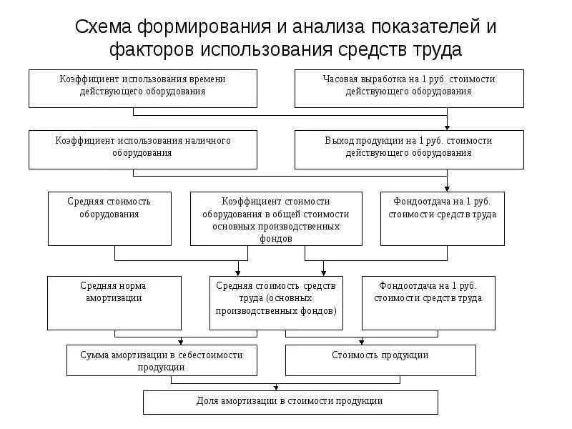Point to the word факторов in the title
(x=152, y=50)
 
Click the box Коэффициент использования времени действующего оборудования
(x=142, y=88)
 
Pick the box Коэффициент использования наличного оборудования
(x=142, y=149)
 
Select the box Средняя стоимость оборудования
(x=109, y=218)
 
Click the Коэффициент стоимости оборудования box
(x=275, y=218)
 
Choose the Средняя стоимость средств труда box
(x=275, y=302)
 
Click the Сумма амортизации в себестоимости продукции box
(x=162, y=360)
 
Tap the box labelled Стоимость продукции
(x=380, y=360)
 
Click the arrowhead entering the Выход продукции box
(x=448, y=127)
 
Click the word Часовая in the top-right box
(x=338, y=79)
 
